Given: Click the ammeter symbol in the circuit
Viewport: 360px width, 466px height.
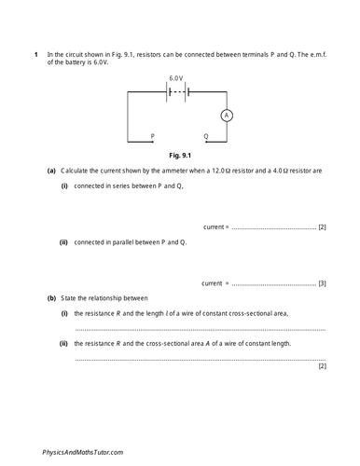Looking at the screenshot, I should pyautogui.click(x=224, y=116).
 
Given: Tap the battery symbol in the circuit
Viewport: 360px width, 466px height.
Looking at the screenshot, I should pyautogui.click(x=176, y=91).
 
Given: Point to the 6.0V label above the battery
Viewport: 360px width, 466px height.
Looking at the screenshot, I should pyautogui.click(x=176, y=77).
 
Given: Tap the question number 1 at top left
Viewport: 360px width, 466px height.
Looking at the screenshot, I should pyautogui.click(x=35, y=55).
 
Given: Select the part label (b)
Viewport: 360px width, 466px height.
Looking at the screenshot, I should pyautogui.click(x=51, y=297).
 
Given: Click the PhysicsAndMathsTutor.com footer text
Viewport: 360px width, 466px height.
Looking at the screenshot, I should pyautogui.click(x=82, y=451).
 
